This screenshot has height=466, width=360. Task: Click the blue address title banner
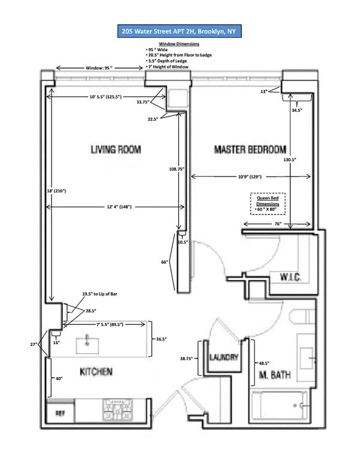tap(179, 31)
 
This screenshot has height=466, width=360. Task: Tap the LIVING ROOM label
tap(116, 149)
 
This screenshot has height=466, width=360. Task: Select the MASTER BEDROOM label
tap(250, 149)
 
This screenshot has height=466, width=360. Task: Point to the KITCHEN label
tap(96, 372)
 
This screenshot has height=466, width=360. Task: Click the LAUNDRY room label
tap(224, 357)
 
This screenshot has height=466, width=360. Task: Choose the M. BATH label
tap(275, 375)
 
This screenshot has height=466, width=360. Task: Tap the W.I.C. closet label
tap(290, 277)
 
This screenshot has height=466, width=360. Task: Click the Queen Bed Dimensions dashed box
tap(268, 204)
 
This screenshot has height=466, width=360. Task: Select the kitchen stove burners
tap(118, 410)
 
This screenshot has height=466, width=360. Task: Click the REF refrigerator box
tap(60, 413)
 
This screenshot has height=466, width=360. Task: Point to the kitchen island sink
tap(88, 346)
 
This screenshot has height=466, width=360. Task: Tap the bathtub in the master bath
tap(279, 406)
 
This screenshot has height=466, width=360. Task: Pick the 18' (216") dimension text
tap(56, 191)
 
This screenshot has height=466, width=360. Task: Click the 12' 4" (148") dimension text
tap(119, 207)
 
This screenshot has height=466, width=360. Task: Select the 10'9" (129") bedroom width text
tap(250, 177)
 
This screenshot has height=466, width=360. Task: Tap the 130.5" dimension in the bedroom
tap(290, 160)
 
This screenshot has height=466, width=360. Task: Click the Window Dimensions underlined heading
tap(179, 44)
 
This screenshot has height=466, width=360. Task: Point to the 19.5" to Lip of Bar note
tap(100, 294)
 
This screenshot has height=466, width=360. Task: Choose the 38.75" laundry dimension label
tap(186, 359)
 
